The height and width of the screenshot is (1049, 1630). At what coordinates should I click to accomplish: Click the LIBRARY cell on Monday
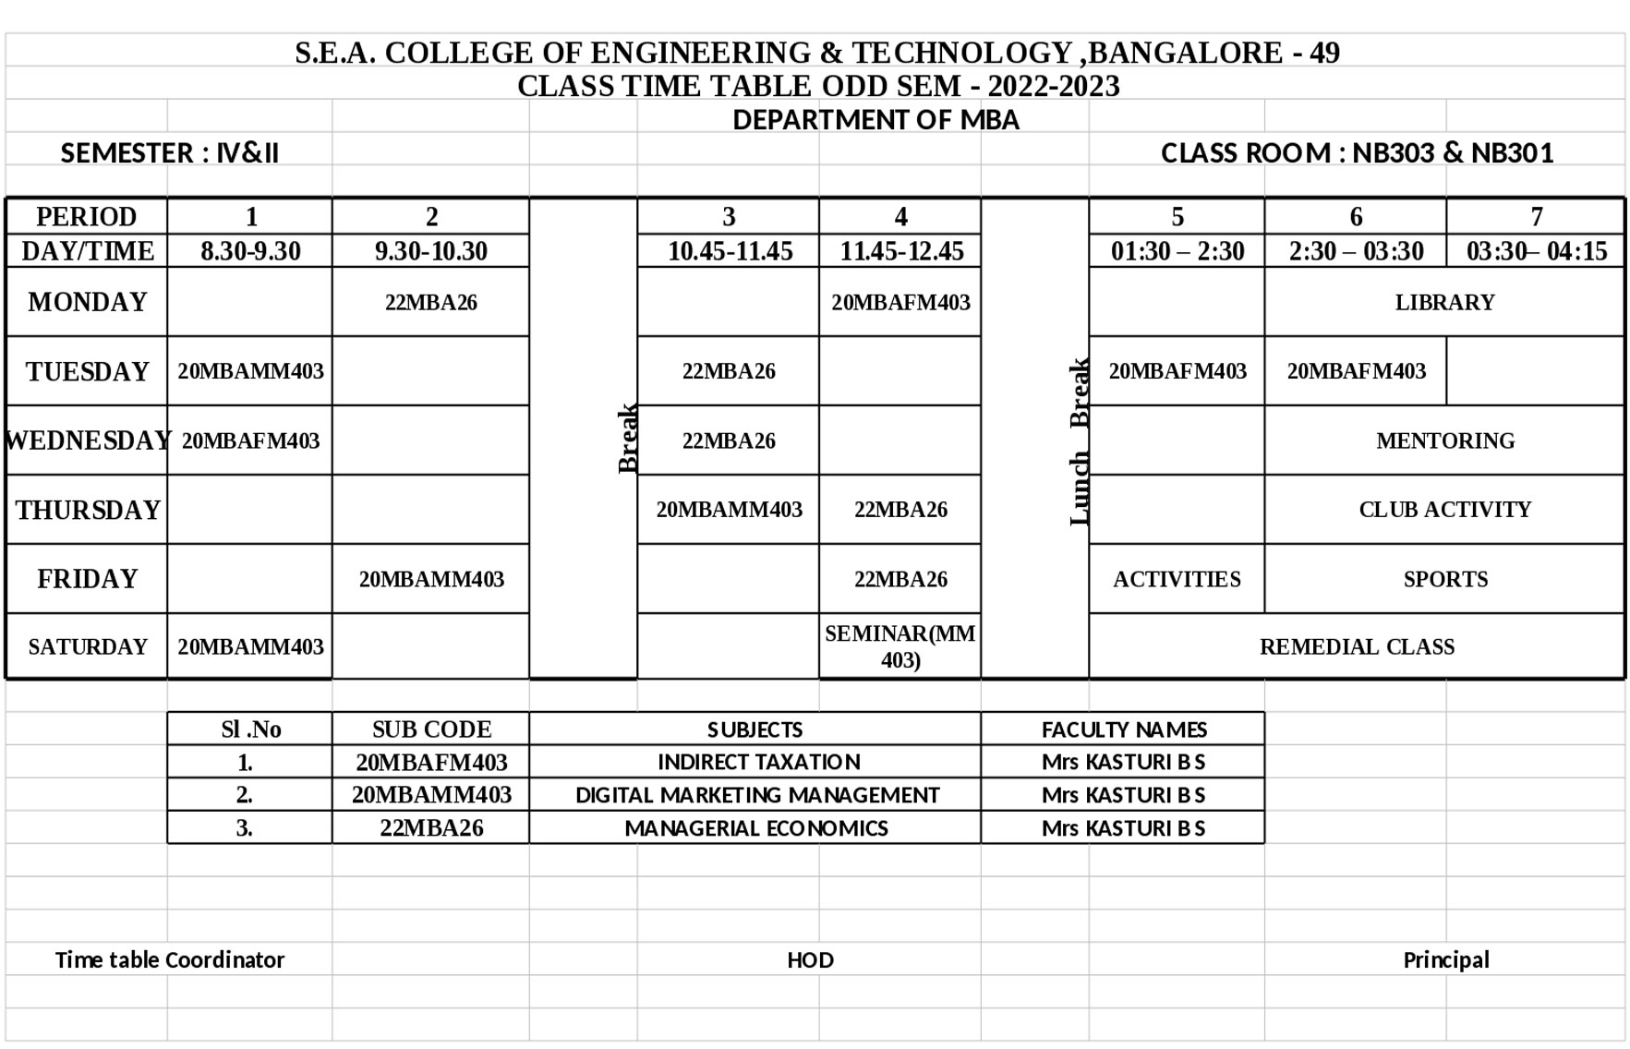coord(1443,302)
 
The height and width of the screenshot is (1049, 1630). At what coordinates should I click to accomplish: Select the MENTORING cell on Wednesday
coord(1444,440)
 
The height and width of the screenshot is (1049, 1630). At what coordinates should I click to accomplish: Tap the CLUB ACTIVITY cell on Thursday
coord(1444,510)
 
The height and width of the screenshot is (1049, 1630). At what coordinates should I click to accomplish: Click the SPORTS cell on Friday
coord(1444,579)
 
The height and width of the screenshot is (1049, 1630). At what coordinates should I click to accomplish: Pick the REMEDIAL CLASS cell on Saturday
coord(1356,646)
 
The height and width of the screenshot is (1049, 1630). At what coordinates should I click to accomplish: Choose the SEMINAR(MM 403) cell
coord(900,646)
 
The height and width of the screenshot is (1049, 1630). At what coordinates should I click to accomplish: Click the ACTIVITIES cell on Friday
coord(1176,579)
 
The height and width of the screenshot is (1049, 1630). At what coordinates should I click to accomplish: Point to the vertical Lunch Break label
coord(1079,441)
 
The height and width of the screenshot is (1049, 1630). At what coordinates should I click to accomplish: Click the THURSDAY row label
coord(88,510)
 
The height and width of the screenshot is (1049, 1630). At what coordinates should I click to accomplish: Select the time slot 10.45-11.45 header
coord(730,251)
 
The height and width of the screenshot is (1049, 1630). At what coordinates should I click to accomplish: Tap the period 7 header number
coord(1536,217)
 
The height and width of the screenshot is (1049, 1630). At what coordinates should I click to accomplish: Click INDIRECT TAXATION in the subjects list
coord(758,762)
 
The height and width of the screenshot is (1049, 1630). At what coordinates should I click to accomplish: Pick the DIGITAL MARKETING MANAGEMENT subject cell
coord(756,795)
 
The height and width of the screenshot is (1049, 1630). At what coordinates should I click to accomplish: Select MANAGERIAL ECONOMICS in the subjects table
coord(755,828)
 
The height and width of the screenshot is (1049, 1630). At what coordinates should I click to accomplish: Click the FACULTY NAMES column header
coord(1123,729)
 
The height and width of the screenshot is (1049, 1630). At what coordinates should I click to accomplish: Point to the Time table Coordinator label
coord(170,959)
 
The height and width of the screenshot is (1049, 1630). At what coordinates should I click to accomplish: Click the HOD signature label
coord(810,959)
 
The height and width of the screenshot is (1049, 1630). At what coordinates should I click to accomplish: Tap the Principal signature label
coord(1445,959)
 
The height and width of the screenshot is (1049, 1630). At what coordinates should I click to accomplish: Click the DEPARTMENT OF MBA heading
coord(875,120)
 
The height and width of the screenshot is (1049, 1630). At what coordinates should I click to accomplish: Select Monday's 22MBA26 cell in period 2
coord(430,302)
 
